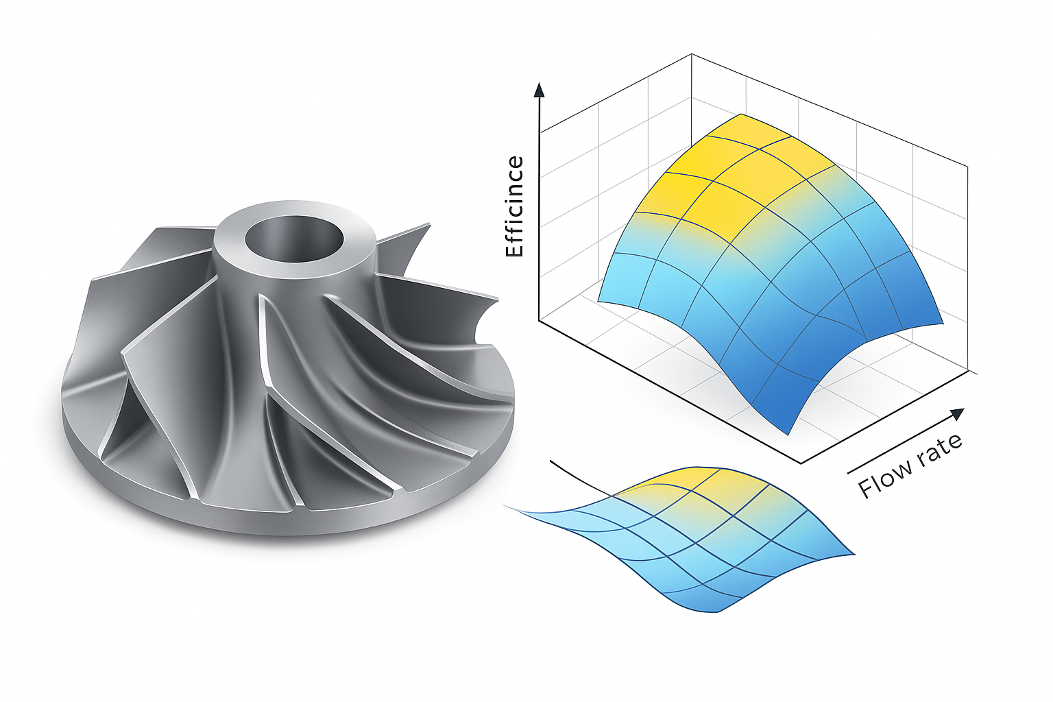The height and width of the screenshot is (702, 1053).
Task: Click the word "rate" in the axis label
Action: [x=937, y=450]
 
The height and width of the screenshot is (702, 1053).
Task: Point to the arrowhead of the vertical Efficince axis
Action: [x=540, y=89]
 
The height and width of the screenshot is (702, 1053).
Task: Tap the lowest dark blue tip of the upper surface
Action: [x=788, y=433]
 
